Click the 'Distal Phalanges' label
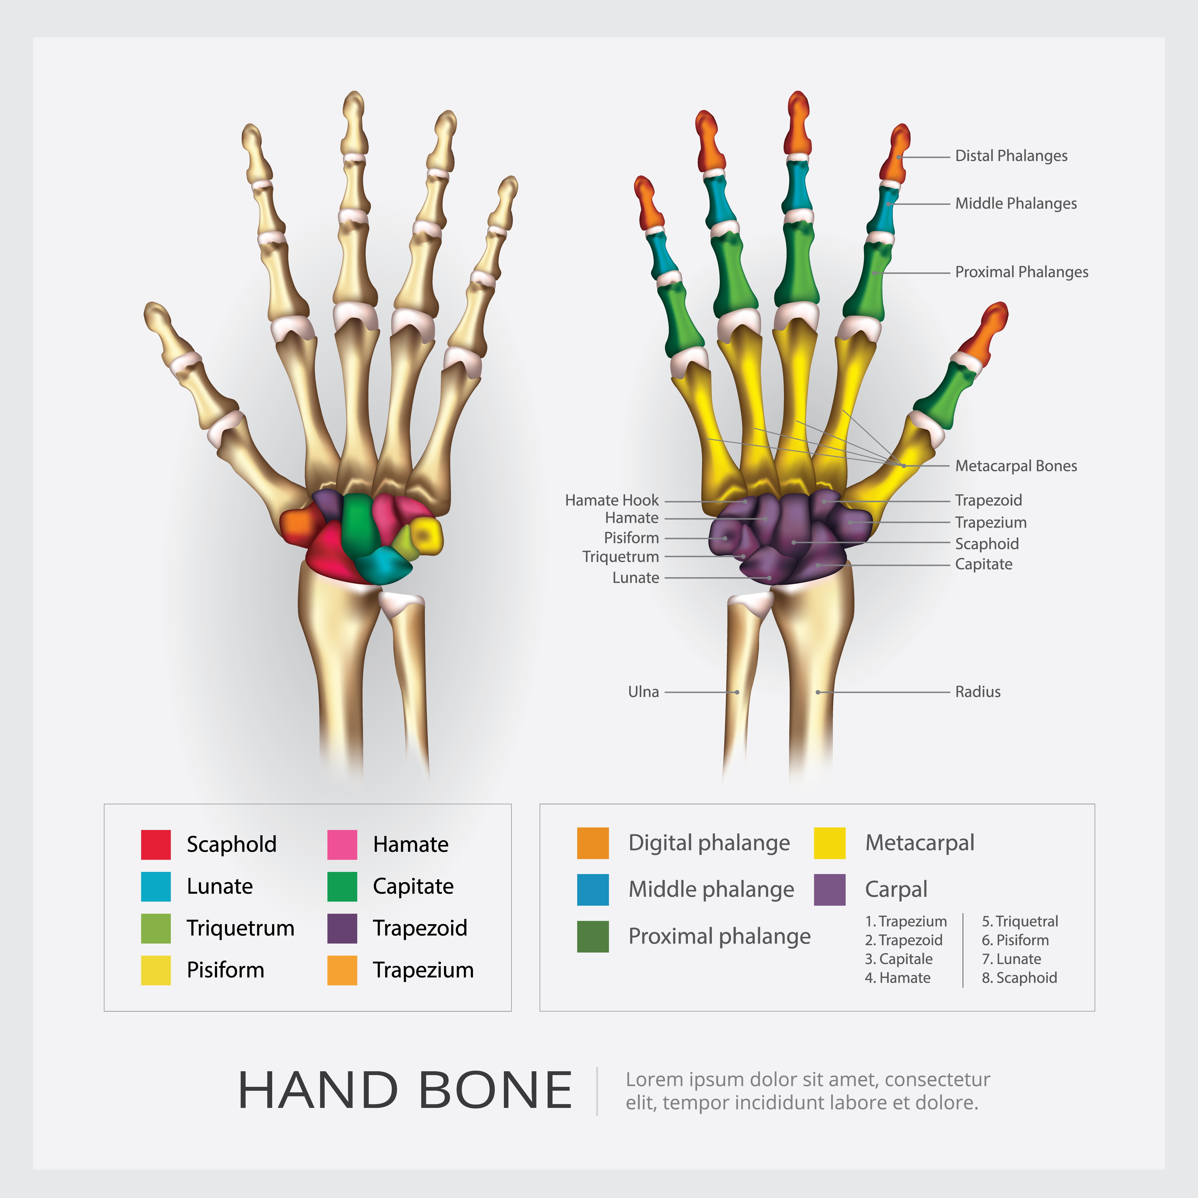(1011, 156)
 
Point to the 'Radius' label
(977, 691)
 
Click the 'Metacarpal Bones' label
(1016, 466)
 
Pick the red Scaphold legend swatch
(156, 845)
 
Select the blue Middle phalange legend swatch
(593, 890)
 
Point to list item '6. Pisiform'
(1015, 940)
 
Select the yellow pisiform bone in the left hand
(427, 535)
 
